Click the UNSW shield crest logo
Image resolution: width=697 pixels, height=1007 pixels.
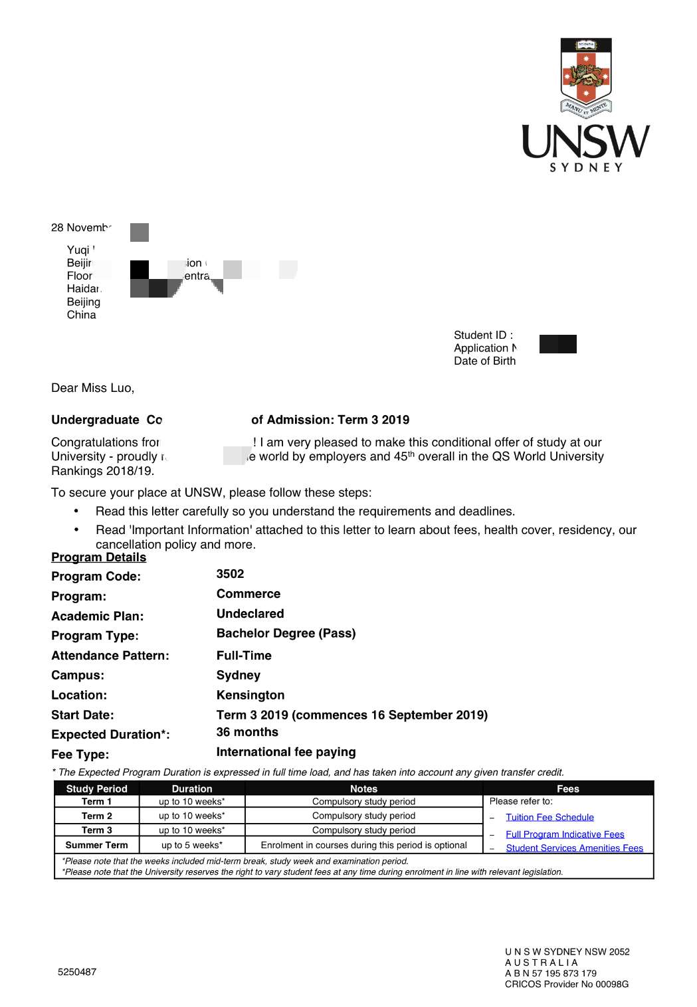(585, 75)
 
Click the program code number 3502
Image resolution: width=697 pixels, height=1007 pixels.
(230, 574)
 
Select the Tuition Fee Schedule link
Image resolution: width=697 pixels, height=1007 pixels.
(549, 817)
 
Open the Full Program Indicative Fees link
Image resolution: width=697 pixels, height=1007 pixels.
(565, 834)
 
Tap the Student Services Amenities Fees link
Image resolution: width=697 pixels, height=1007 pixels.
(574, 848)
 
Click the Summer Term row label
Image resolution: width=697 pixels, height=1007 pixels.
(96, 845)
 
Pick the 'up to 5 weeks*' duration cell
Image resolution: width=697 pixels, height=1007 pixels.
(192, 845)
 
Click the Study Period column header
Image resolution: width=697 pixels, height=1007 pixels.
(96, 788)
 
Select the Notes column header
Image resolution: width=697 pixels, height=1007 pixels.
(363, 788)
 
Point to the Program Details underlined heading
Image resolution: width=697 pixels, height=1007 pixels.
(98, 557)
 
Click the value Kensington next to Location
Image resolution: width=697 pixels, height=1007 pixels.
(250, 695)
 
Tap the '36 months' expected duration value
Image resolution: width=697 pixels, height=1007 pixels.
(247, 732)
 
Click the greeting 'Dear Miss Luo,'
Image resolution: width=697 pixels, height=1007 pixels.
(92, 388)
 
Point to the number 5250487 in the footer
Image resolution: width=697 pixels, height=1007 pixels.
(77, 972)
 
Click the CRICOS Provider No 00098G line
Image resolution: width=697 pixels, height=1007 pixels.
(566, 984)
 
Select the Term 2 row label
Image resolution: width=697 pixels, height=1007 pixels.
(96, 816)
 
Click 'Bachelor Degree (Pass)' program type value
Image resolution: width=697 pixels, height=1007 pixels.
(286, 633)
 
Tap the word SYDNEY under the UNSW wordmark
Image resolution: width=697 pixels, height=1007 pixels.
(586, 167)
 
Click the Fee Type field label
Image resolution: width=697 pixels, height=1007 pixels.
(80, 755)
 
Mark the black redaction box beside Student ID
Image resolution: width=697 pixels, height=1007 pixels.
(557, 344)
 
